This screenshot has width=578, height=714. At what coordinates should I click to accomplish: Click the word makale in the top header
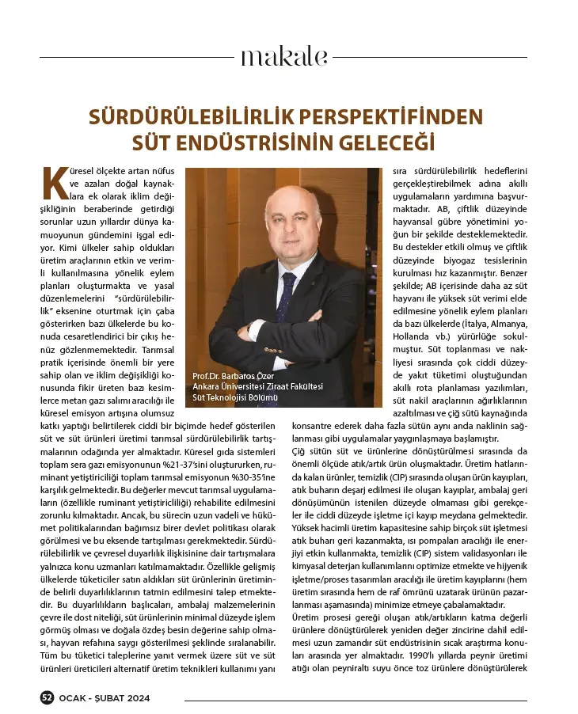click(x=283, y=57)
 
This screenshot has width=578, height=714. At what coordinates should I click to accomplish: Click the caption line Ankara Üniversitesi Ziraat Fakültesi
click(x=258, y=385)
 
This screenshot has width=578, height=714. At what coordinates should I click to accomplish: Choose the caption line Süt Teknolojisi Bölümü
click(x=235, y=397)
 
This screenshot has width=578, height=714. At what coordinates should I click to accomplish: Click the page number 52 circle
click(x=47, y=697)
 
